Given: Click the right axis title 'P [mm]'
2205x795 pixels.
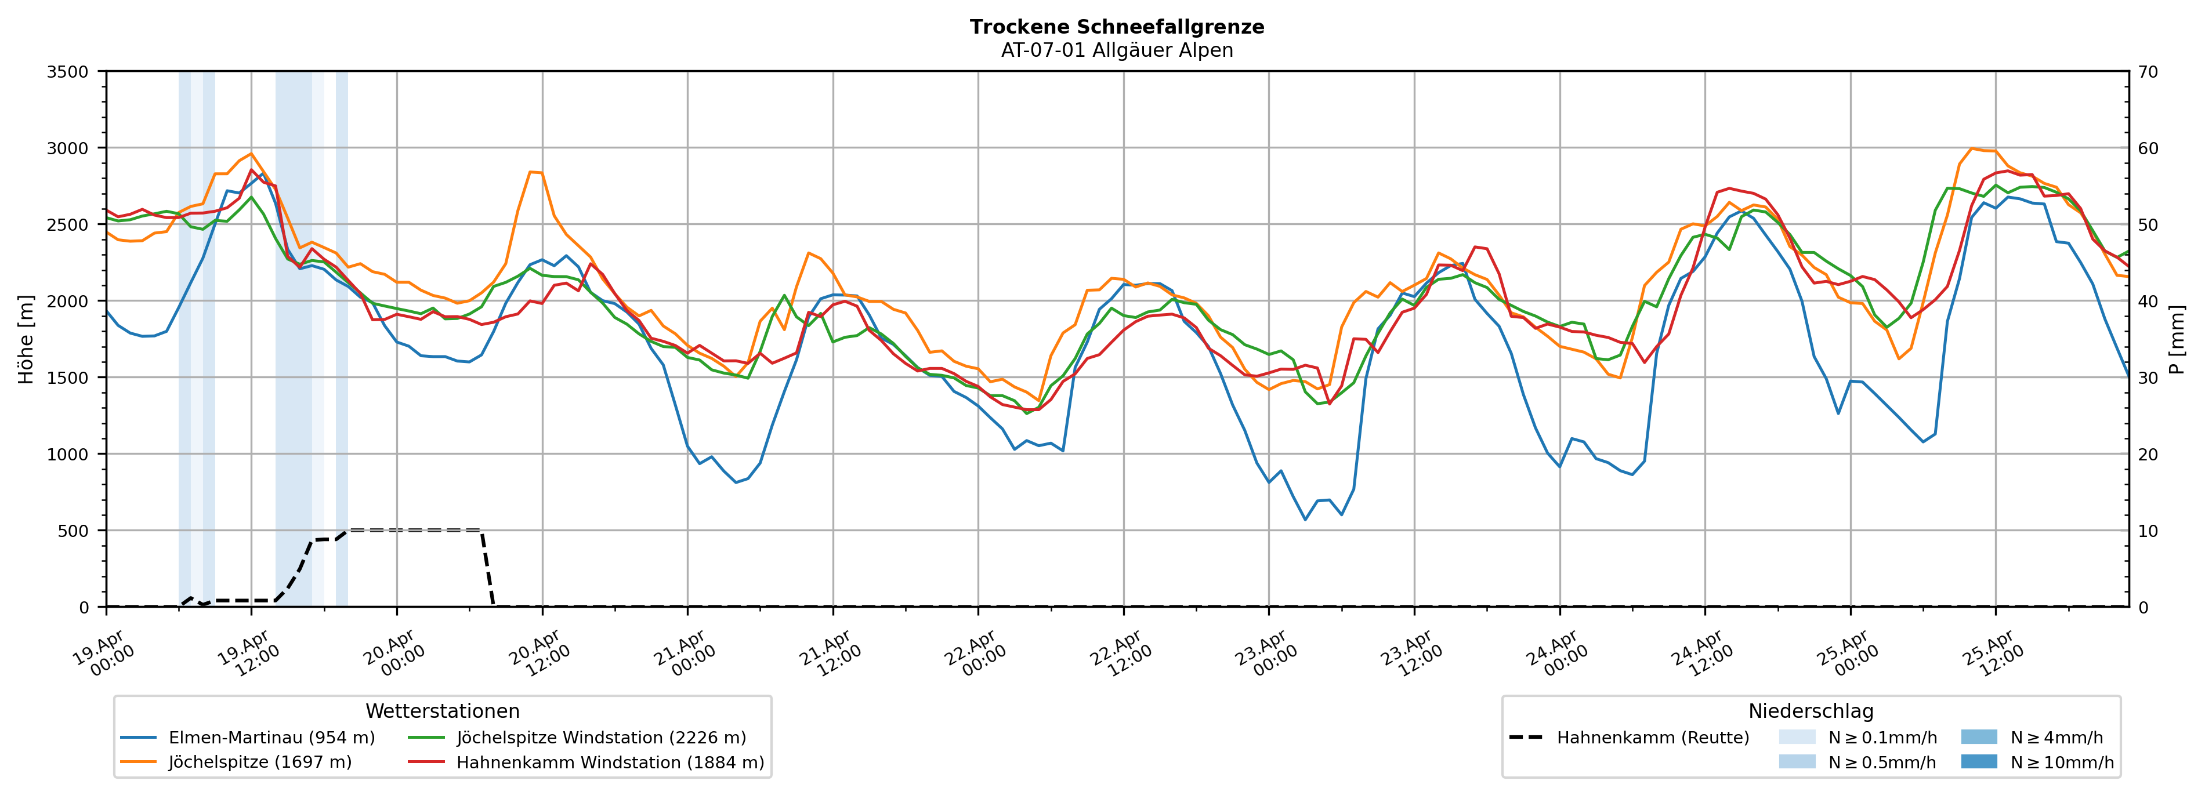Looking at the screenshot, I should [2177, 339].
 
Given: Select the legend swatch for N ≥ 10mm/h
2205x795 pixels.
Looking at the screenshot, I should [1978, 761].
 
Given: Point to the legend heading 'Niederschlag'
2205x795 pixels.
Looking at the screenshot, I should [1811, 711].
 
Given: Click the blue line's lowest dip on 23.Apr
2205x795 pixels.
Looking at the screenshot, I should [1305, 520].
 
